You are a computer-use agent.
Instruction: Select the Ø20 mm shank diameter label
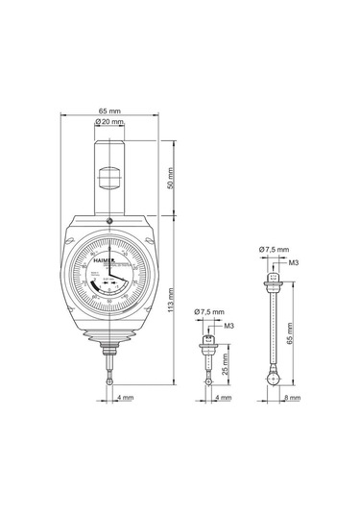(110, 124)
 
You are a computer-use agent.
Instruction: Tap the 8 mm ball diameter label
(292, 395)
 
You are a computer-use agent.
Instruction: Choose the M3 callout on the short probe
(228, 326)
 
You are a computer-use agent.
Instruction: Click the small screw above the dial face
(109, 222)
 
